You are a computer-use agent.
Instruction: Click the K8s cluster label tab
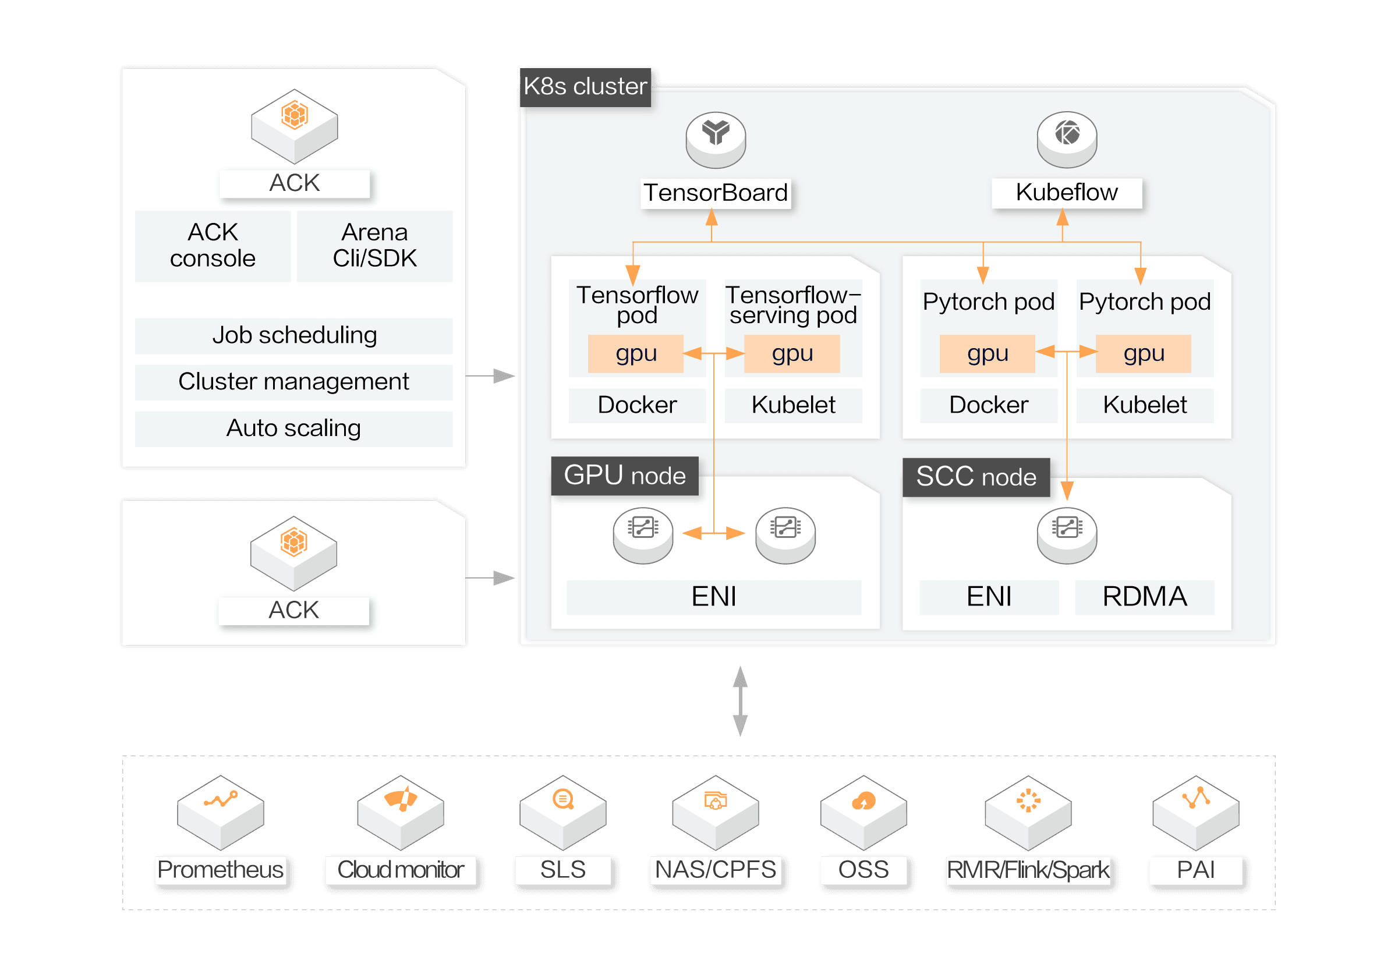click(585, 87)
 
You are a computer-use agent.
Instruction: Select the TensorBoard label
click(716, 193)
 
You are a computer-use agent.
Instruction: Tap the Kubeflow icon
click(1067, 139)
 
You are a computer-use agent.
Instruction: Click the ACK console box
click(213, 246)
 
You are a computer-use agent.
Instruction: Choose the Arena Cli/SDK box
click(374, 246)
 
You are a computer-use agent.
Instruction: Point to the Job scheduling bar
click(293, 335)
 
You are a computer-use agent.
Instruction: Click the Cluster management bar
click(293, 381)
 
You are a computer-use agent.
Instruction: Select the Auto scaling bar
click(293, 428)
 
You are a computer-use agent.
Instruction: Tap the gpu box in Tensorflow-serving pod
click(792, 353)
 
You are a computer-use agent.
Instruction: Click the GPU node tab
click(625, 475)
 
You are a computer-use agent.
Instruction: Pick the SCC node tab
click(976, 477)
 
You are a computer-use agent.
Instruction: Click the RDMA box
click(1145, 597)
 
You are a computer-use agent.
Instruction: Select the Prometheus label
click(221, 870)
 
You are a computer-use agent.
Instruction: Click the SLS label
click(562, 870)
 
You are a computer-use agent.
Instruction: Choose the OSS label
click(863, 870)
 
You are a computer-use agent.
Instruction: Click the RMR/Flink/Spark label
click(1028, 870)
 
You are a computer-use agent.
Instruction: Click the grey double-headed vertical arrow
click(741, 701)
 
